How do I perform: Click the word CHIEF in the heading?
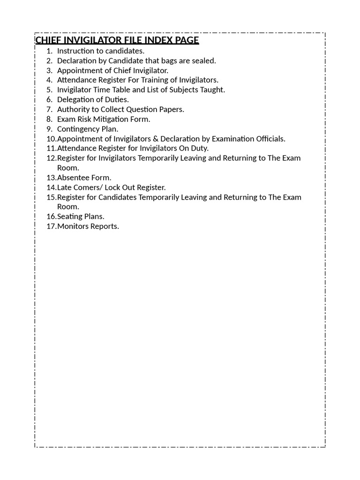coord(48,40)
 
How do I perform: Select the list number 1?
coord(49,51)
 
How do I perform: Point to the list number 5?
coord(49,90)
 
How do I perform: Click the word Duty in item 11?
coord(199,148)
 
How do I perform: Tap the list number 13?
coord(51,178)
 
